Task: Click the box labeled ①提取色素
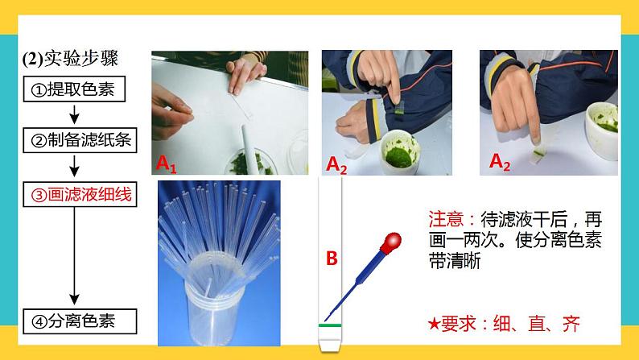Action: click(x=74, y=89)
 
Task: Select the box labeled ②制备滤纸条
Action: click(x=80, y=140)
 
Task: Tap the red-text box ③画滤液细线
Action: click(x=80, y=194)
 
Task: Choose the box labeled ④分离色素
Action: click(x=80, y=321)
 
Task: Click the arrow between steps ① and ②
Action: click(x=74, y=114)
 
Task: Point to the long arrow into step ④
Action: click(x=74, y=256)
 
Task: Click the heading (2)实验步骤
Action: click(x=70, y=59)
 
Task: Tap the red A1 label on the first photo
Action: click(x=167, y=164)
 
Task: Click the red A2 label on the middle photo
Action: click(x=336, y=165)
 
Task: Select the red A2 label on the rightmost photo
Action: click(x=500, y=162)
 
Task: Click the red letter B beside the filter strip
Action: click(x=332, y=258)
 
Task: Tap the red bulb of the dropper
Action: click(x=391, y=242)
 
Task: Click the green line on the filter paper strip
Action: click(x=330, y=325)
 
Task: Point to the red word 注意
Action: click(x=446, y=219)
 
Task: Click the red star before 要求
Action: click(x=434, y=324)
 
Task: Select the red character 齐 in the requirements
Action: click(x=571, y=324)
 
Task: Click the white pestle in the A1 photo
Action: click(x=249, y=148)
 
